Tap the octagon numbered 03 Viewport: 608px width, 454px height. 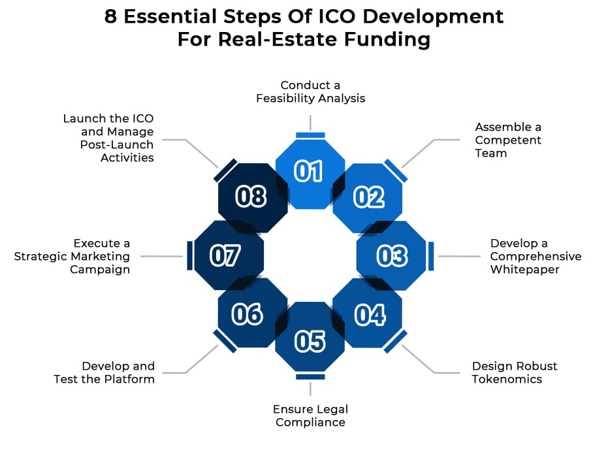pyautogui.click(x=392, y=255)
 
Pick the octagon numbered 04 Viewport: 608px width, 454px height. pyautogui.click(x=368, y=314)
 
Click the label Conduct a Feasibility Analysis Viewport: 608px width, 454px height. pyautogui.click(x=310, y=92)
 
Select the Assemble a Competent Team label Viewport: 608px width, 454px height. pyautogui.click(x=507, y=140)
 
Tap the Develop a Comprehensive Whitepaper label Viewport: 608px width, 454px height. pyautogui.click(x=535, y=256)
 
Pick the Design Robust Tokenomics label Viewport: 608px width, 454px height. pyautogui.click(x=514, y=372)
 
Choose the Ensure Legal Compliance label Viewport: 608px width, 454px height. pyautogui.click(x=310, y=415)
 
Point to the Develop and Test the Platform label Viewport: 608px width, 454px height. pyautogui.click(x=104, y=372)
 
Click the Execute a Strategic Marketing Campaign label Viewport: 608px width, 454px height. pyautogui.click(x=72, y=256)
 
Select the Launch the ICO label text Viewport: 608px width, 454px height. pyautogui.click(x=108, y=138)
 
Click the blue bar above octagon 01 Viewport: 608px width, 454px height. pyautogui.click(x=310, y=135)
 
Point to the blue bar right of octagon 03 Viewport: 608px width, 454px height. pyautogui.click(x=431, y=255)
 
